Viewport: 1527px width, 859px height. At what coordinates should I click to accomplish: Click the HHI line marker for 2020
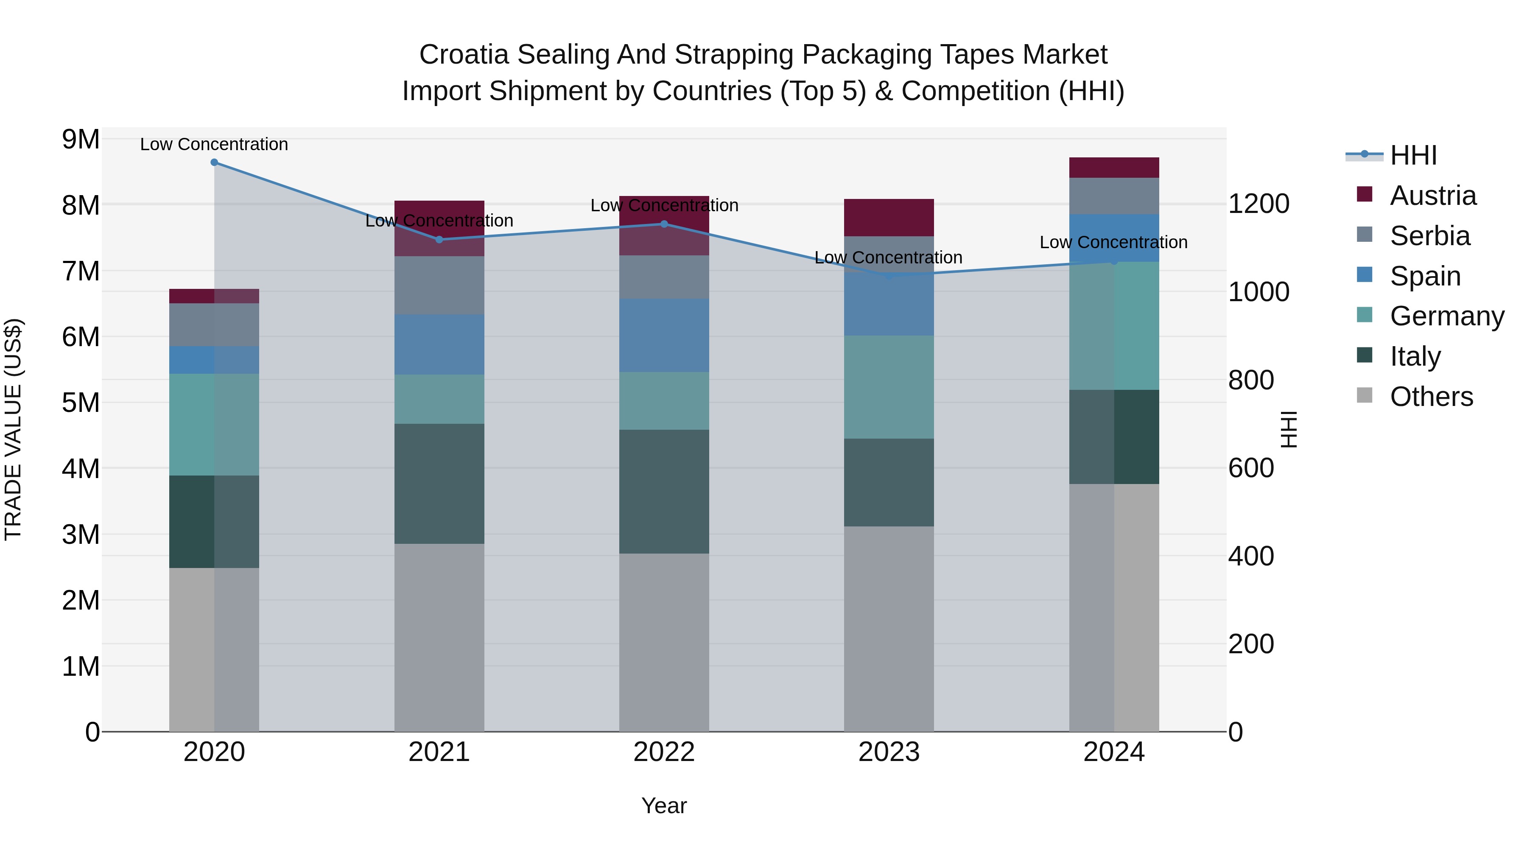(x=214, y=162)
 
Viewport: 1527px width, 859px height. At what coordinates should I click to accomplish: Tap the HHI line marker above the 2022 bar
(x=664, y=224)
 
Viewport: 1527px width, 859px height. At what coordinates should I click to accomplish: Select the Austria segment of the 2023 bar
(x=889, y=218)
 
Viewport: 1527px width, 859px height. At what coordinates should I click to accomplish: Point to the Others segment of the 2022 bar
(x=664, y=642)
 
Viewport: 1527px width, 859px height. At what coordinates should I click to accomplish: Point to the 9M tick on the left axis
(x=81, y=140)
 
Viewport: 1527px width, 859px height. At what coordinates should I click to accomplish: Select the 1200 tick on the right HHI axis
(x=1259, y=204)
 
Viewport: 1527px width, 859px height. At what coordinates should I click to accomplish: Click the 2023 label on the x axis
(x=889, y=752)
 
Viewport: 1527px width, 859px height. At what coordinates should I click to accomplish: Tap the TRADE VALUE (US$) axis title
(x=13, y=429)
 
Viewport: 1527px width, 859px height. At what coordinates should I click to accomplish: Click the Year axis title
(x=664, y=806)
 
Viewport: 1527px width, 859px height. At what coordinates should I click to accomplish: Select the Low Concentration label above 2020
(x=214, y=144)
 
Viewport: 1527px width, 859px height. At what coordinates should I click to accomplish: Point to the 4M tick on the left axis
(x=81, y=469)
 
